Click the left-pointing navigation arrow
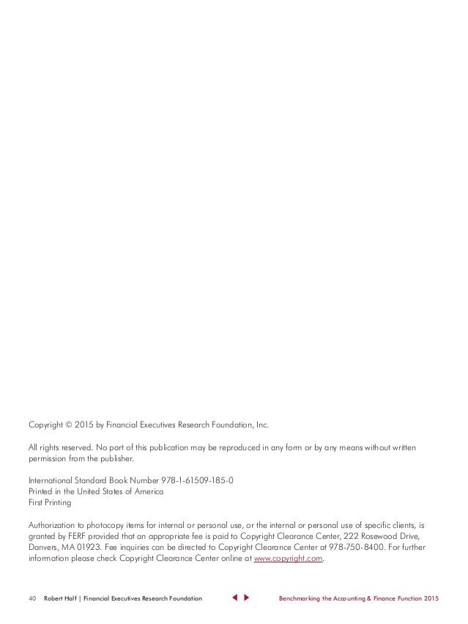(234, 599)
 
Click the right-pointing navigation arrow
(247, 599)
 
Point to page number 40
(33, 599)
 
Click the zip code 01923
(92, 548)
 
